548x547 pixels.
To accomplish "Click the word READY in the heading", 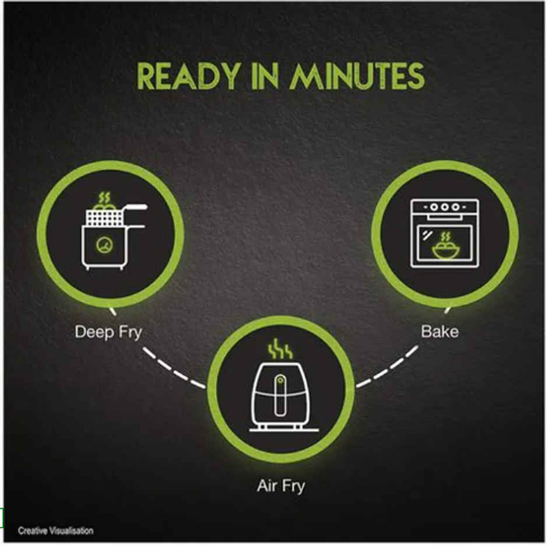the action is coord(188,76).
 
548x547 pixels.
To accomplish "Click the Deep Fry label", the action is coord(108,332).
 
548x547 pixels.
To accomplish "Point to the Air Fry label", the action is coord(281,486).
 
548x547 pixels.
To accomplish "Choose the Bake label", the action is coord(440,331).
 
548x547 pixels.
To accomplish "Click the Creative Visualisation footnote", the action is coord(55,531).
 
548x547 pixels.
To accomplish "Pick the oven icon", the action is coord(445,233).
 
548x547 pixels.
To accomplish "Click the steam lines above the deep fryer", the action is coord(104,198).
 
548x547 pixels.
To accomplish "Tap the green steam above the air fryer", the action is coord(280,348).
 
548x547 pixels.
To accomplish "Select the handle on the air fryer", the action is coord(280,395).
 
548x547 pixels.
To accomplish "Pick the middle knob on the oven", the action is coord(445,207).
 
